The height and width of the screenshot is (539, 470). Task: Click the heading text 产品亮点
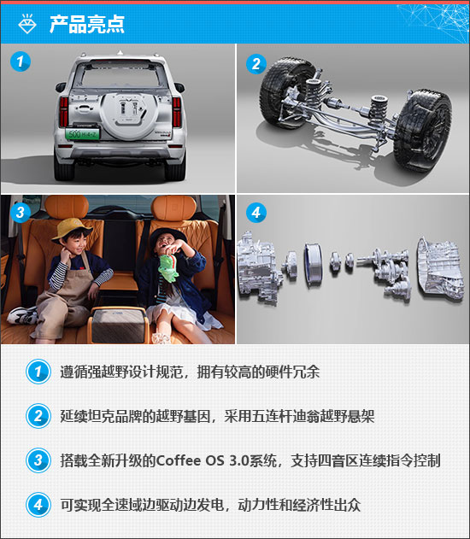(x=86, y=24)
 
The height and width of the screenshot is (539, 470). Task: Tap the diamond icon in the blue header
(x=27, y=23)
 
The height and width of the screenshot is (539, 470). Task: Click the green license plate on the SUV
(x=83, y=134)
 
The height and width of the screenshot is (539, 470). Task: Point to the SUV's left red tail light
(x=64, y=112)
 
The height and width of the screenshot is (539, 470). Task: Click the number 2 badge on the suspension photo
(x=256, y=63)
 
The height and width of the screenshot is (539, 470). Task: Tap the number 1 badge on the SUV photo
(x=21, y=62)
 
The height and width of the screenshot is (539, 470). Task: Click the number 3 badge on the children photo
(x=21, y=212)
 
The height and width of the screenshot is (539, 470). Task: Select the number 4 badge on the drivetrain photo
(x=256, y=213)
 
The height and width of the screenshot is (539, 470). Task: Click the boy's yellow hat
(x=72, y=229)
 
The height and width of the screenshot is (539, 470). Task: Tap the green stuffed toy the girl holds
(x=168, y=268)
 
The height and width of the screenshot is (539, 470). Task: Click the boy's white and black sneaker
(x=22, y=315)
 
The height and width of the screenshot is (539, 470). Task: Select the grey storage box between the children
(x=119, y=325)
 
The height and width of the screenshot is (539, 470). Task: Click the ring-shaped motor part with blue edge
(x=313, y=261)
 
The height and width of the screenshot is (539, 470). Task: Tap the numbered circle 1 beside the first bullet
(x=38, y=372)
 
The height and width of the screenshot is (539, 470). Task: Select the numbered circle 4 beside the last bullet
(x=38, y=505)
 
